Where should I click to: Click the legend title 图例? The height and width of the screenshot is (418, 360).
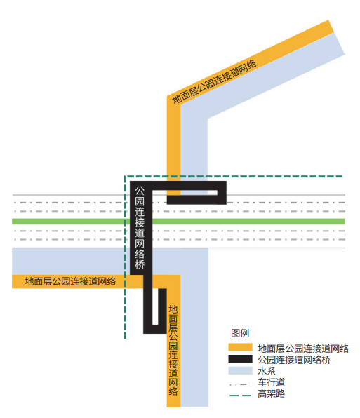coord(240,333)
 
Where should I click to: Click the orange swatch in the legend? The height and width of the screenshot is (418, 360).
coord(240,347)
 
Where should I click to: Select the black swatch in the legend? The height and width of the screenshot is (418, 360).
coord(240,359)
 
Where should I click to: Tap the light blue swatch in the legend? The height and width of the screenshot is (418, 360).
coord(240,370)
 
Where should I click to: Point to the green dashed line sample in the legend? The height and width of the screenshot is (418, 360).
coord(240,396)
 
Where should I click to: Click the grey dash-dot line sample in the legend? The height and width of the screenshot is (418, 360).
coord(240,384)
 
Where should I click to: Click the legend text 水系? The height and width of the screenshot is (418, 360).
coord(267,371)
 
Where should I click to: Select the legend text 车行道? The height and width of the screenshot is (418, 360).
coord(271,382)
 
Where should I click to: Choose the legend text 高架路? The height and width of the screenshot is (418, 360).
coord(271,393)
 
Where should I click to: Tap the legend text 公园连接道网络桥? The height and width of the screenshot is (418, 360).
coord(294,360)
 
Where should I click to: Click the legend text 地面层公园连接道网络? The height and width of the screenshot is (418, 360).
coord(303,349)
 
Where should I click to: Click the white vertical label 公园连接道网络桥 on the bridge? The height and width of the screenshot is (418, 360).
coord(140,228)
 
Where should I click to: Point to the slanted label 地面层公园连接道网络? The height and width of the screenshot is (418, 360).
coord(214,81)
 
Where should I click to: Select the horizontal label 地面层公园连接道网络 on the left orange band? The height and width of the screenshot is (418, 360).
coord(70,281)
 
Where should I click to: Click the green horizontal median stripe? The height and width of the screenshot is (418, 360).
coord(179,222)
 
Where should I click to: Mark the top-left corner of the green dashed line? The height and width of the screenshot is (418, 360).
coord(125,176)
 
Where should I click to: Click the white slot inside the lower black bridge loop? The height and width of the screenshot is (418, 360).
coord(155,306)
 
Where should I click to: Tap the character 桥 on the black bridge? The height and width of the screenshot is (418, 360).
coord(140,264)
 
